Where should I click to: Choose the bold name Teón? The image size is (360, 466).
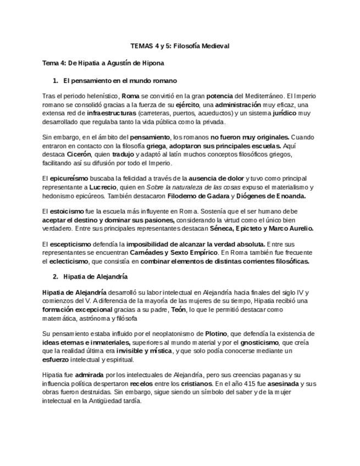pyautogui.click(x=178, y=309)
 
